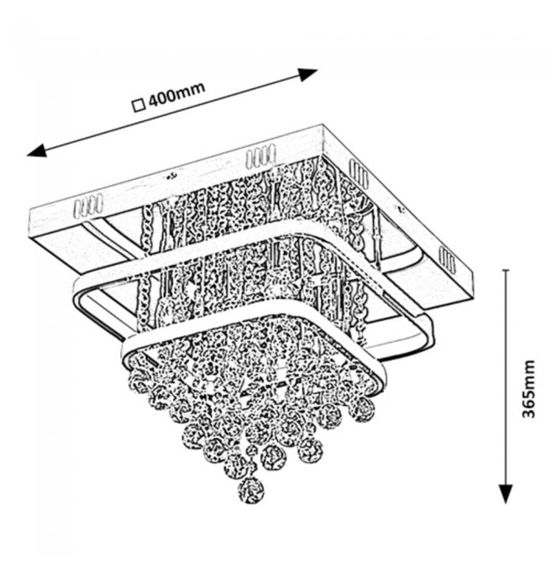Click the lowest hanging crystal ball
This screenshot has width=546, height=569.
[249, 487]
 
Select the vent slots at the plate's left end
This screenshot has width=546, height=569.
[87, 204]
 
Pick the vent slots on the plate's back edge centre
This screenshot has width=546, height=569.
[260, 156]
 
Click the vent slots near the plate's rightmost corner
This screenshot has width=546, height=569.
[449, 262]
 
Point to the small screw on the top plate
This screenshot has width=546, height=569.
[171, 176]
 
